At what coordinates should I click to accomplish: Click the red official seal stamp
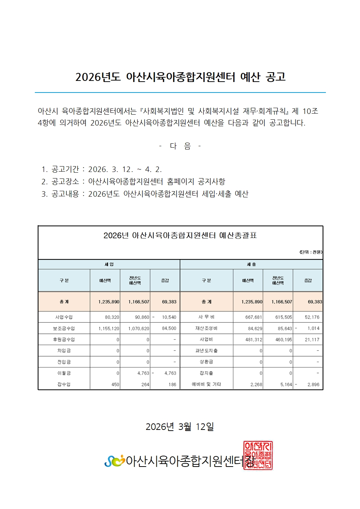[258, 456]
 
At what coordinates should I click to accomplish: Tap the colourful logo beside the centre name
[114, 461]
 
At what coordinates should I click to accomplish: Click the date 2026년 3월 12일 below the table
[180, 427]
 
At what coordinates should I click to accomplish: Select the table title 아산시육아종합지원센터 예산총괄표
[180, 235]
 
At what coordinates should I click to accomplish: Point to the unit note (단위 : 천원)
[311, 252]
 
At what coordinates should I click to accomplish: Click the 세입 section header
[109, 264]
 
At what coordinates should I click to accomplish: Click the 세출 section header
[251, 264]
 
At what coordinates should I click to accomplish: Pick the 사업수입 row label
[64, 317]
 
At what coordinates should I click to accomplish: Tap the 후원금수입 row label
[64, 340]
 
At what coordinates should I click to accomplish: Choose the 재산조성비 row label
[206, 328]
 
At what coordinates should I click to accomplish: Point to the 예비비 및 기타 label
[206, 384]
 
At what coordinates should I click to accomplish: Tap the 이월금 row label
[64, 373]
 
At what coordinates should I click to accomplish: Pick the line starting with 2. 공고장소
[133, 181]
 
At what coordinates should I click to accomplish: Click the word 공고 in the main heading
[276, 77]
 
